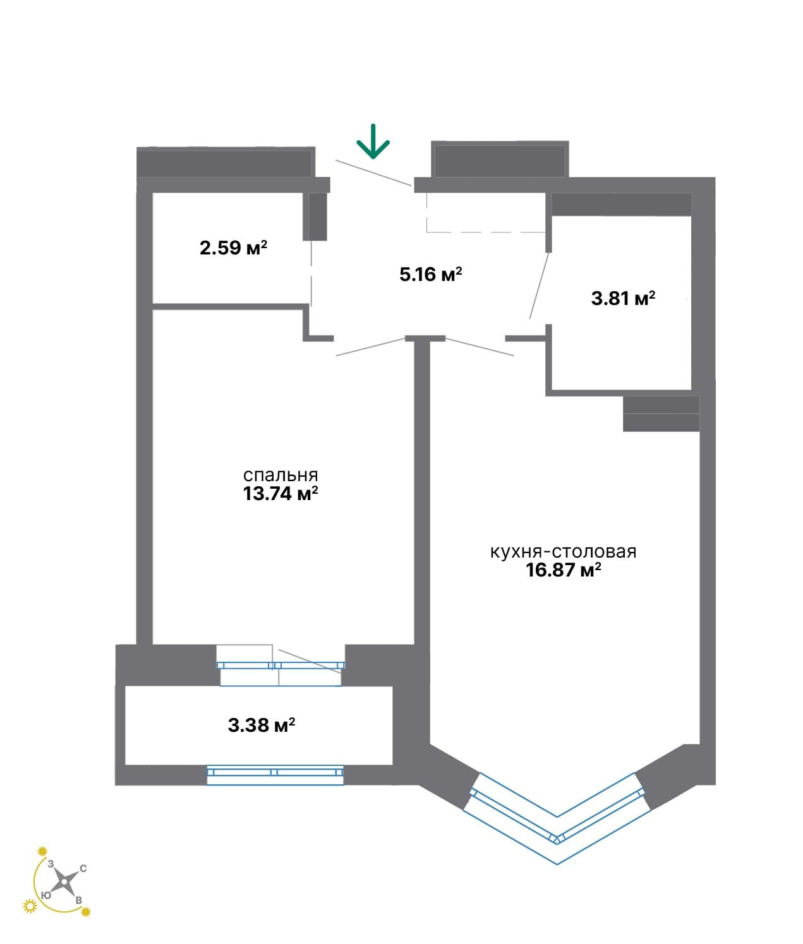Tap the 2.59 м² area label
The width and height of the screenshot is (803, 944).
(x=233, y=248)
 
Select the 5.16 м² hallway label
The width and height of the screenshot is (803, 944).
(x=430, y=274)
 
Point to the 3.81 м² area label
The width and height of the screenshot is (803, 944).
(x=623, y=298)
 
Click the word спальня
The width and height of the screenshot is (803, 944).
(x=280, y=475)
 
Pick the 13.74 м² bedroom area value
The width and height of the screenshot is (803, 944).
(x=280, y=494)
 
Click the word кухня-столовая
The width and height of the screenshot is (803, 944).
(x=563, y=552)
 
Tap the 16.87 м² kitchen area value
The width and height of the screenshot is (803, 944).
(x=563, y=570)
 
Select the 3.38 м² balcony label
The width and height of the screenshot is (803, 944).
(x=262, y=726)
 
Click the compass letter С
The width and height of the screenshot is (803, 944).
(x=83, y=868)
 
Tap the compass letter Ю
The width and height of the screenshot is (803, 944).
(x=45, y=895)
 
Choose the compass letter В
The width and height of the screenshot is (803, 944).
(x=78, y=900)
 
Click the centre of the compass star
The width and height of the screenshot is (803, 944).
(x=64, y=881)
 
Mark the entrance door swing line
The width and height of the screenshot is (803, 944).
(x=373, y=173)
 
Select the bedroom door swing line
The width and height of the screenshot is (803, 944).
(x=371, y=347)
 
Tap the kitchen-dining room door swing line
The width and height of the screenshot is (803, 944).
(x=480, y=347)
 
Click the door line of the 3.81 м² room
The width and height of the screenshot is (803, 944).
(x=540, y=285)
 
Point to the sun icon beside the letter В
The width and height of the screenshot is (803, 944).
(x=85, y=912)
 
